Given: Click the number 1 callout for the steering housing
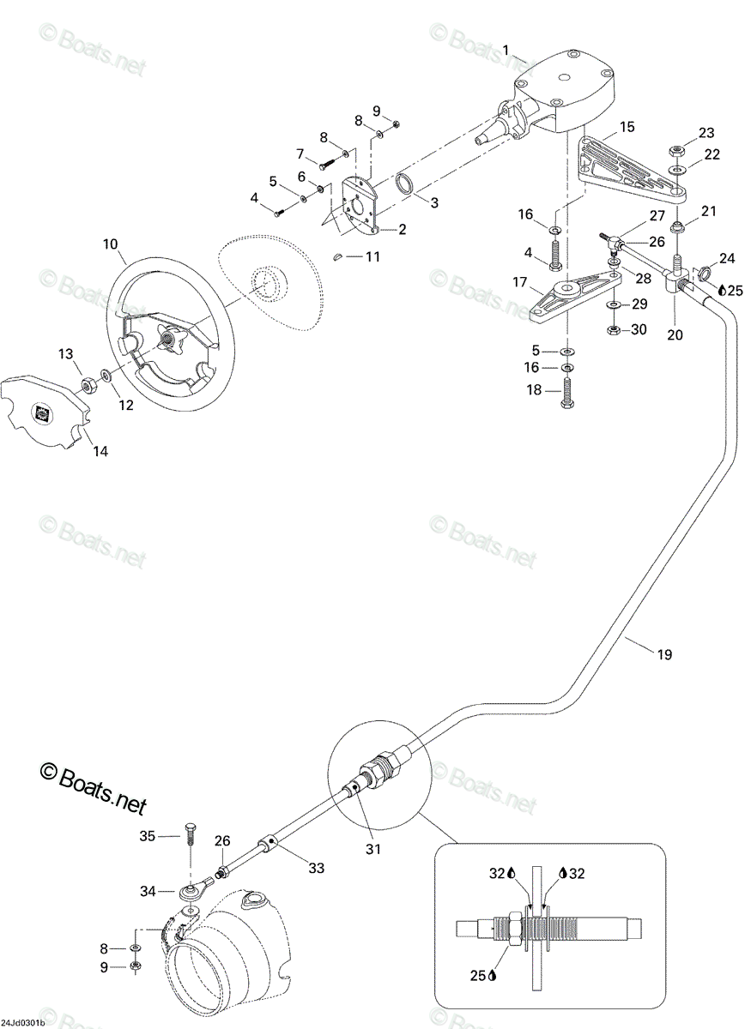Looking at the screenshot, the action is (506, 51).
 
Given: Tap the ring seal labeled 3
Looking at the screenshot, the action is (405, 184).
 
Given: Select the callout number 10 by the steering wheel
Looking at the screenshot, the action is (111, 244).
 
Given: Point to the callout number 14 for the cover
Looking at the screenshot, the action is (100, 452).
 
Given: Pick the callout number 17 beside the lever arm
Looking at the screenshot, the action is (519, 281).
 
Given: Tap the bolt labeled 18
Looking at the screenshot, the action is (566, 391).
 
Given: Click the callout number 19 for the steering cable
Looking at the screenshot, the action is (664, 654).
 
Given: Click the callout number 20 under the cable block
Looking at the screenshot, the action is (675, 335).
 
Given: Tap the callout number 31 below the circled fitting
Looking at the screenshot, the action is (373, 850).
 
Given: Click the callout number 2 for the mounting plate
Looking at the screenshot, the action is (402, 229).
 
